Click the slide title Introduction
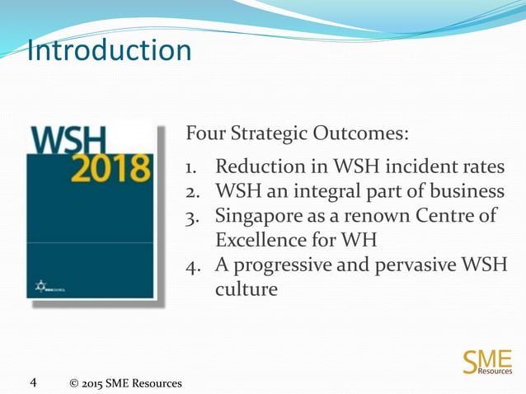point(109,50)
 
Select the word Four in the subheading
point(206,134)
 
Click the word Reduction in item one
point(258,167)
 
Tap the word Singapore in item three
point(258,217)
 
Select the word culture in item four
point(246,290)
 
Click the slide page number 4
point(33,382)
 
